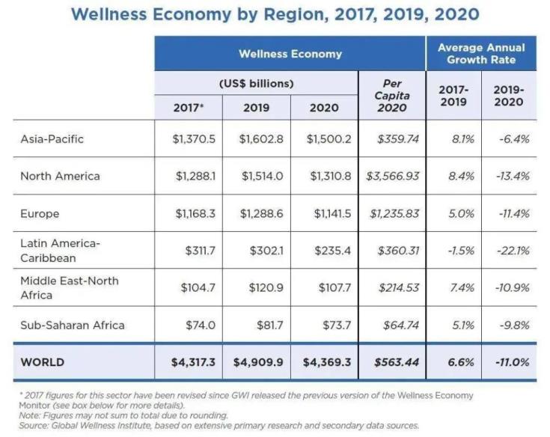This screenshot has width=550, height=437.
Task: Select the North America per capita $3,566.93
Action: (x=392, y=177)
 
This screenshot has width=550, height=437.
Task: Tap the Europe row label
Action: (x=40, y=214)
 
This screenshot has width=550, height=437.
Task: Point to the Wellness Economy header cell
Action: (x=290, y=54)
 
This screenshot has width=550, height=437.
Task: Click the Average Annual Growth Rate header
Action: (x=481, y=53)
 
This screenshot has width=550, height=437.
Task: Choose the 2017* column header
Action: (x=189, y=107)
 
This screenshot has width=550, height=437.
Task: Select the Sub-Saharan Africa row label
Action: (x=73, y=325)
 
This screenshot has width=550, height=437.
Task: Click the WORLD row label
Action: (x=43, y=362)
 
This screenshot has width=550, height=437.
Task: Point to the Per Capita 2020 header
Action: (x=392, y=95)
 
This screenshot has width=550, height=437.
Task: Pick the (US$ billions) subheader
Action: (x=256, y=83)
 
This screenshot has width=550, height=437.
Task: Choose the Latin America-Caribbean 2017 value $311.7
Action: (x=200, y=251)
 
